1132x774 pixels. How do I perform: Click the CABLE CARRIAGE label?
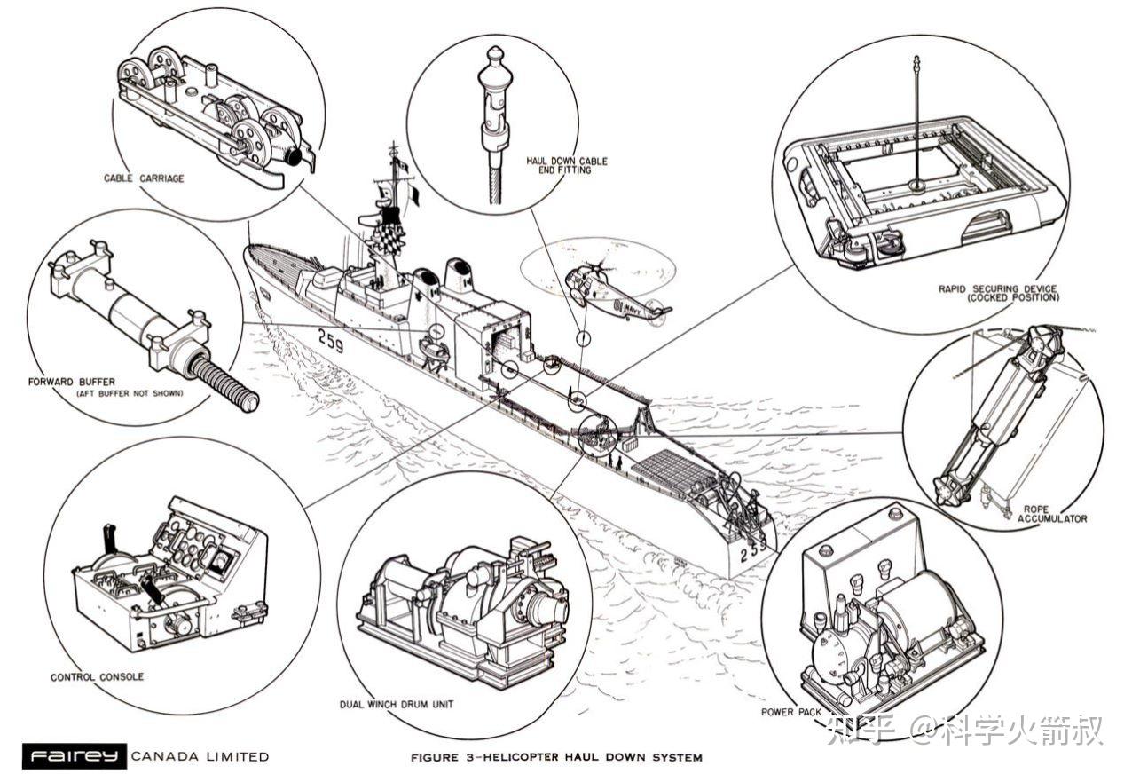[143, 178]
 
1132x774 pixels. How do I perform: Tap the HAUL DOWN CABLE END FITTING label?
[567, 165]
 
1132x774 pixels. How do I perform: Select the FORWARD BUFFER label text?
[70, 383]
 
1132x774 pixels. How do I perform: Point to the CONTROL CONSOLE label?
[97, 677]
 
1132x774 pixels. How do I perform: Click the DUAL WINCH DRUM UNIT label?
[396, 705]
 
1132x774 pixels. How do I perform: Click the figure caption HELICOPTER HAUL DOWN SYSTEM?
[555, 758]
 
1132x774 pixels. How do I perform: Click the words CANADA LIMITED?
[200, 757]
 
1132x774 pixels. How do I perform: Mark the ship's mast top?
[393, 146]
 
